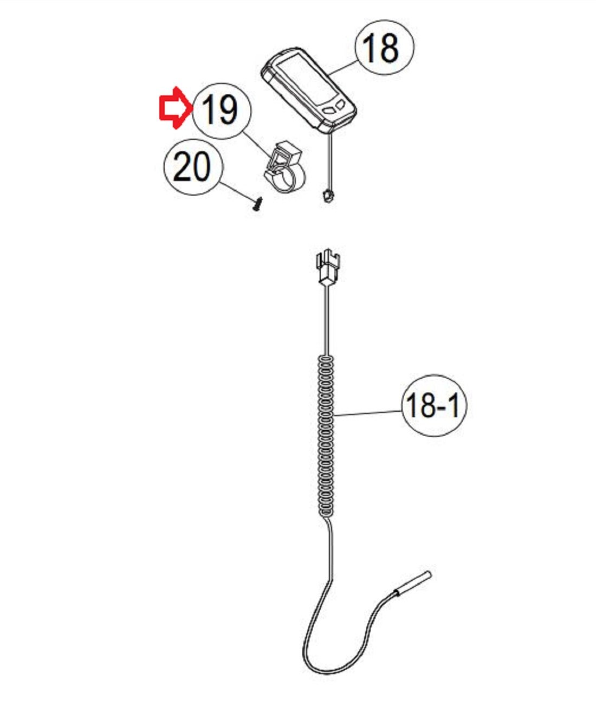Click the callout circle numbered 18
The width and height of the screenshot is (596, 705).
385,47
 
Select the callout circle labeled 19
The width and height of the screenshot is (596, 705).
222,111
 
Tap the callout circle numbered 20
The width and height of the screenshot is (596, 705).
193,167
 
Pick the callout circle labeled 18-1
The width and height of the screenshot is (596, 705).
435,405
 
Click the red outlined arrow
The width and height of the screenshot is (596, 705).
176,108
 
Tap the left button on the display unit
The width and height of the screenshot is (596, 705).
330,110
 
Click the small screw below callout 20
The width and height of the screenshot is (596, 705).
258,204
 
